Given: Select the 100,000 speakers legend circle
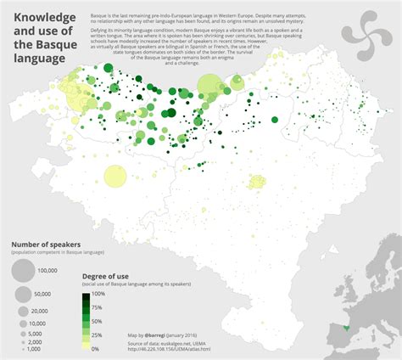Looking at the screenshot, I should tap(22, 271).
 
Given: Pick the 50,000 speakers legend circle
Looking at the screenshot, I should tap(22, 294).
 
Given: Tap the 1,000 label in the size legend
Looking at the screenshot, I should tap(35, 349).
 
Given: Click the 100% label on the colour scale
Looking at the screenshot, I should tap(98, 293).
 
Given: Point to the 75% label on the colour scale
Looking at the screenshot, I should tap(97, 307).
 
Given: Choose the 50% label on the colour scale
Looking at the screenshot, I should tap(97, 321).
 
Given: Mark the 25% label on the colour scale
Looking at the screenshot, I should tap(97, 335).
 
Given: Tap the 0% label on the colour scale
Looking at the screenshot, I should tap(95, 349).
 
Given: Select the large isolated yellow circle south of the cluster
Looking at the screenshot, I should tap(114, 177).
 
